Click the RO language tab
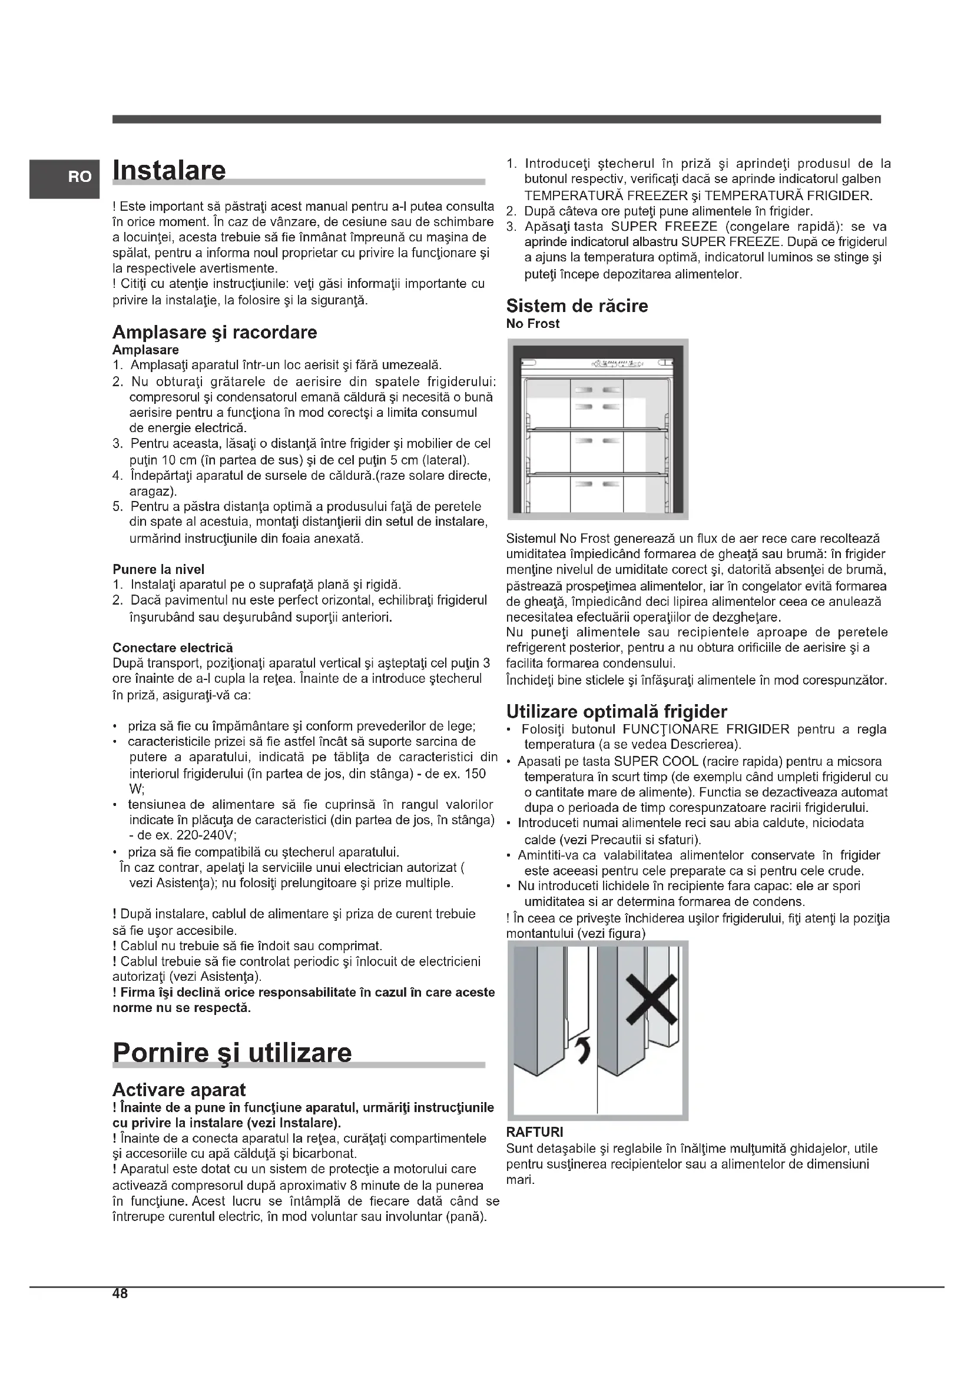tap(79, 177)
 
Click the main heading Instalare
tap(169, 170)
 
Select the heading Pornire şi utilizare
tap(232, 1052)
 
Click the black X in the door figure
tap(652, 1000)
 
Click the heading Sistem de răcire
tap(577, 306)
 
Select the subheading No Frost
tap(532, 324)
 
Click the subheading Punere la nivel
tap(158, 569)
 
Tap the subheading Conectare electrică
tap(173, 648)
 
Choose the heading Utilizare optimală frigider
tap(617, 712)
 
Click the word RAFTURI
tap(534, 1132)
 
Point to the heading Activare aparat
tap(180, 1090)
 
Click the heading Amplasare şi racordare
tap(215, 332)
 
